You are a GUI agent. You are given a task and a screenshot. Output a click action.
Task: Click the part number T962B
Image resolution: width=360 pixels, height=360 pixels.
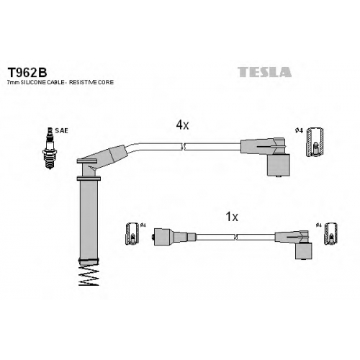[27, 72]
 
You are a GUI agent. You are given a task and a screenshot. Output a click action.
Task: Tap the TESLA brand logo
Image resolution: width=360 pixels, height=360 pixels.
[264, 72]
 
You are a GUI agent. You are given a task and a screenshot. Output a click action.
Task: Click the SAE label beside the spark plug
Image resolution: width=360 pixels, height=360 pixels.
[61, 131]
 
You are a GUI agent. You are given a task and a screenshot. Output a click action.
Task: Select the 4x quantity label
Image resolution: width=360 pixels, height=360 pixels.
[182, 125]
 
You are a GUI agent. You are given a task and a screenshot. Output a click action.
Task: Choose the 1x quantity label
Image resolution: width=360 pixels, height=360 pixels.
[232, 217]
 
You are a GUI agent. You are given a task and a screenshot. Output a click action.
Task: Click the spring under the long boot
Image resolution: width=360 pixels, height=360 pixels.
[89, 276]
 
